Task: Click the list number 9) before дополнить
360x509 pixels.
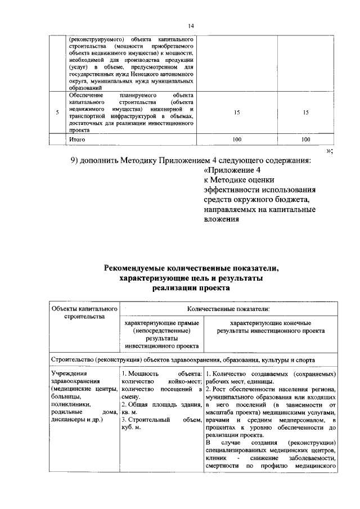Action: tap(76, 160)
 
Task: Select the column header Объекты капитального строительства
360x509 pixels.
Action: tap(84, 313)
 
